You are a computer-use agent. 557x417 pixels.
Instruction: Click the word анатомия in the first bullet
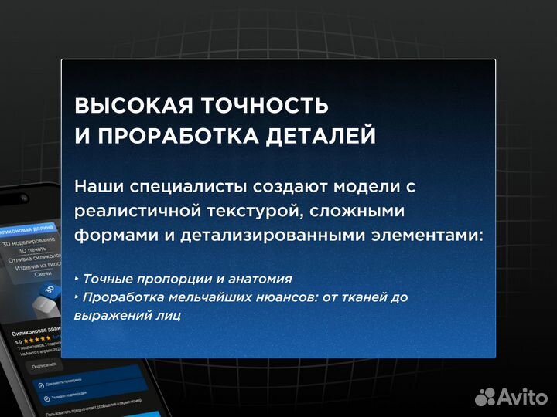click(261, 279)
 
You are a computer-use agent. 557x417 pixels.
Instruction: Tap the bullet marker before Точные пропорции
click(77, 278)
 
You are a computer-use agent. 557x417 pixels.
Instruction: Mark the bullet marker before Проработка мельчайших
click(77, 297)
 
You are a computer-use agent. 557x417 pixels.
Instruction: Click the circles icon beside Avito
click(484, 396)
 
